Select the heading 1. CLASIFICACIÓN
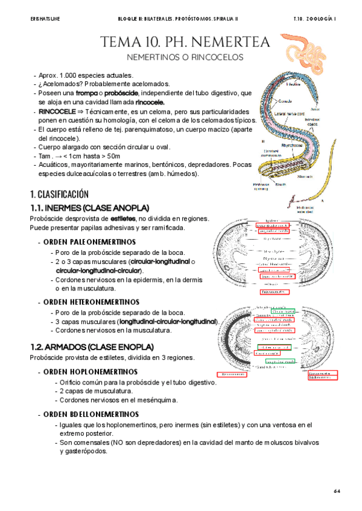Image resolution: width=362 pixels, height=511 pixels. pyautogui.click(x=59, y=194)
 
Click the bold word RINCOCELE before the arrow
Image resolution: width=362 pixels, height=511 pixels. pyautogui.click(x=56, y=112)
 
